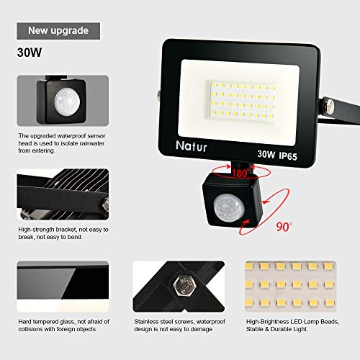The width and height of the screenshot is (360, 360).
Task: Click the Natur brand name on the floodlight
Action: click(191, 145)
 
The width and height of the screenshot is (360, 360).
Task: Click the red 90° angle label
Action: click(286, 226)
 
